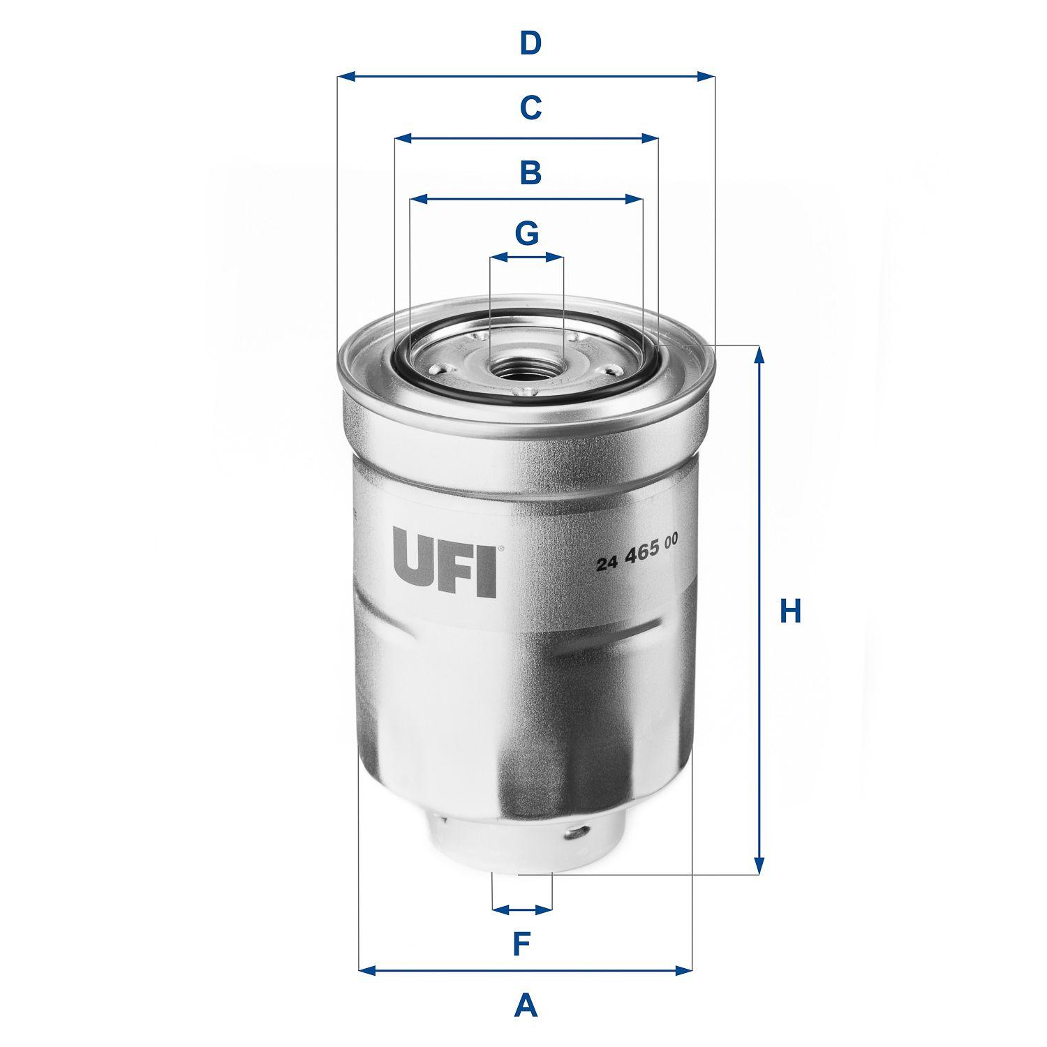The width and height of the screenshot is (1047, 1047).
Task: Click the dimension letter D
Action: pos(530,43)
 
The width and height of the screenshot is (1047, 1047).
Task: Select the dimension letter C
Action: pos(530,107)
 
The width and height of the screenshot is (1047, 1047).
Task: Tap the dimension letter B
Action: pos(530,172)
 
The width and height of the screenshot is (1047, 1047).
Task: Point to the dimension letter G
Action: pos(527,233)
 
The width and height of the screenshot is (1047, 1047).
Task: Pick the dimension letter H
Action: pos(790,611)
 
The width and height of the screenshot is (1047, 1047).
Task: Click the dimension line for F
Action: pos(522,909)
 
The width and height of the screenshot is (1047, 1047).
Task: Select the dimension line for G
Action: pos(526,258)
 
